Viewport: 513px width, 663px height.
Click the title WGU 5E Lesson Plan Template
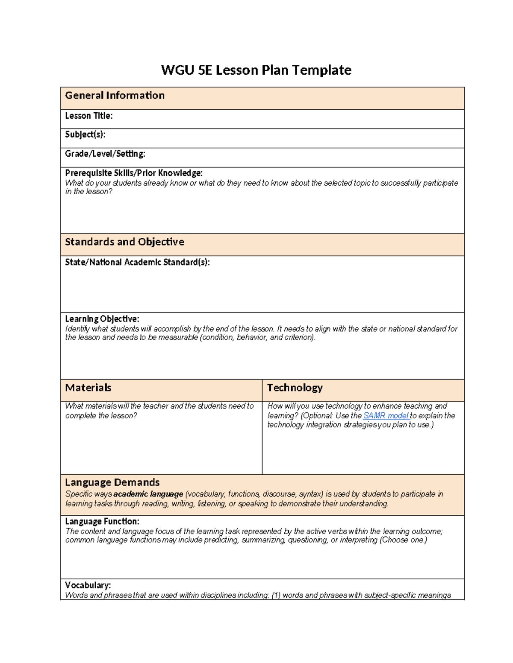click(256, 70)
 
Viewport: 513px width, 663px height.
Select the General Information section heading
click(115, 96)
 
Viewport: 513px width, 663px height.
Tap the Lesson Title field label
click(89, 116)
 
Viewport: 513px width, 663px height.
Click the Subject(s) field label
click(85, 134)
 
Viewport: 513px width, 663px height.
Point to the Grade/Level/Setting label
click(105, 154)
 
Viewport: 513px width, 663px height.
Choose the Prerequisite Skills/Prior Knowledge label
click(134, 173)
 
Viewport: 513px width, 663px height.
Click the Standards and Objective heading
click(124, 242)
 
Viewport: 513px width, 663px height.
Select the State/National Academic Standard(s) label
click(137, 262)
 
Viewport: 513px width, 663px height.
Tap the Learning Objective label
click(102, 319)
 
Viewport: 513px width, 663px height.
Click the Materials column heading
click(88, 388)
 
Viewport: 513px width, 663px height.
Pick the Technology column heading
click(295, 388)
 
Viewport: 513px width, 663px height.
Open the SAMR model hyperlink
click(386, 415)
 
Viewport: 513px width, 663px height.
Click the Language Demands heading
click(112, 482)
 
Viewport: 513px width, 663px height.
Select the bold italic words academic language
click(148, 494)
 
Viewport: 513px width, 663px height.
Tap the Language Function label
click(102, 521)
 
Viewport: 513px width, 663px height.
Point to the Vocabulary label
click(88, 585)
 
